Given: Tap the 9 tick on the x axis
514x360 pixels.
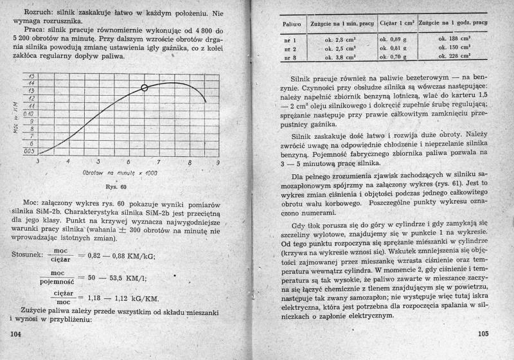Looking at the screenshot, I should [x=217, y=162].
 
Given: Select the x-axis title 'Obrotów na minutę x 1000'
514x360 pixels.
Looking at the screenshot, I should [x=120, y=174].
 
